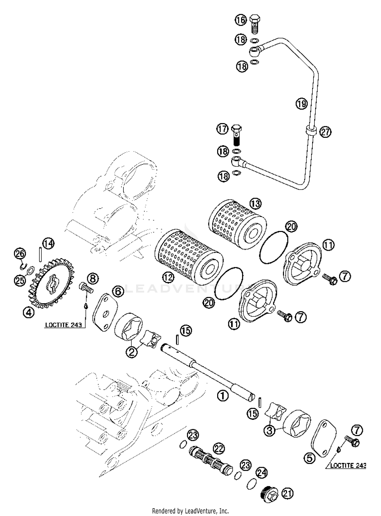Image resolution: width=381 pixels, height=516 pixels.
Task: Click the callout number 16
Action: tap(241, 20)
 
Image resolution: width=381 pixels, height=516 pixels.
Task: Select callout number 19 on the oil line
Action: tap(301, 104)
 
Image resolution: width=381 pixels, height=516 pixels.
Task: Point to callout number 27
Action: tap(325, 132)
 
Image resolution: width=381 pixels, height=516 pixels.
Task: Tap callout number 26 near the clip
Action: tap(20, 253)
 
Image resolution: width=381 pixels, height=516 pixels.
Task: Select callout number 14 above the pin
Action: tap(48, 244)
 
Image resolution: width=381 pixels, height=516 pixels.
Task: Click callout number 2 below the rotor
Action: tap(132, 352)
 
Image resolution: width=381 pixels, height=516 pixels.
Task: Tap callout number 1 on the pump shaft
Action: tap(223, 395)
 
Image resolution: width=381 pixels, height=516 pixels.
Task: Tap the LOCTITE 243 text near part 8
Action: tap(63, 325)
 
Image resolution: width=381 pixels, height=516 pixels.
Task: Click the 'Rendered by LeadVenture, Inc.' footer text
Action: tap(190, 511)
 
